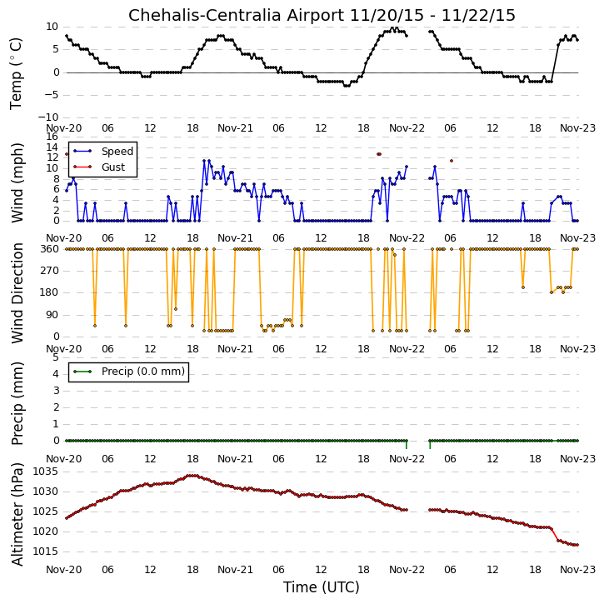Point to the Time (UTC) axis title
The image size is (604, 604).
coord(322,587)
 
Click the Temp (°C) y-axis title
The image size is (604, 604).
coord(16,73)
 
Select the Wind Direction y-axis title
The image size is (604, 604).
coord(17,293)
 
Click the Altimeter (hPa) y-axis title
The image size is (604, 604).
coord(17,514)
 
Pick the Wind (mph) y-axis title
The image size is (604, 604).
coord(17,182)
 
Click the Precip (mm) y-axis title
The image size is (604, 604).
coord(17,404)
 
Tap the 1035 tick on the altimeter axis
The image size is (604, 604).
coord(46,472)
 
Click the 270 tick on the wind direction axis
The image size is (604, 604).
coord(50,271)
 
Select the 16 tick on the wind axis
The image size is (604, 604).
coord(52,137)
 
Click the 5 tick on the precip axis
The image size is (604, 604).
coord(56,357)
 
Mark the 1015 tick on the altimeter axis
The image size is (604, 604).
coord(46,552)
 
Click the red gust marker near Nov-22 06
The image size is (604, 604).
coord(452,161)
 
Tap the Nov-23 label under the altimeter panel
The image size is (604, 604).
coord(577,569)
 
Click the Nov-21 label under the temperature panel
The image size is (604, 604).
coord(235,128)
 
